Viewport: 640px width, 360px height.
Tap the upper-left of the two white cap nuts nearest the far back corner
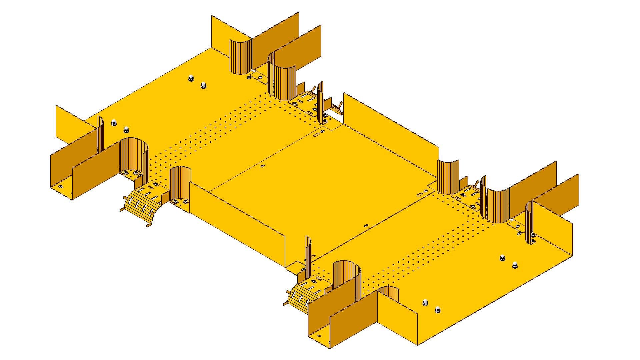point(191,78)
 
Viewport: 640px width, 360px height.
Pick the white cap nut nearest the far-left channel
point(113,122)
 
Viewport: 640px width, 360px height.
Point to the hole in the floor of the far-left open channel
point(60,186)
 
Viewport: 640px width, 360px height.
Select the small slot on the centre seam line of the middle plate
point(263,166)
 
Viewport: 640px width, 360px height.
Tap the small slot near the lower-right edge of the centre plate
point(366,225)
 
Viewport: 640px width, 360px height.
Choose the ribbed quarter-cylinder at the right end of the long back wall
point(448,177)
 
